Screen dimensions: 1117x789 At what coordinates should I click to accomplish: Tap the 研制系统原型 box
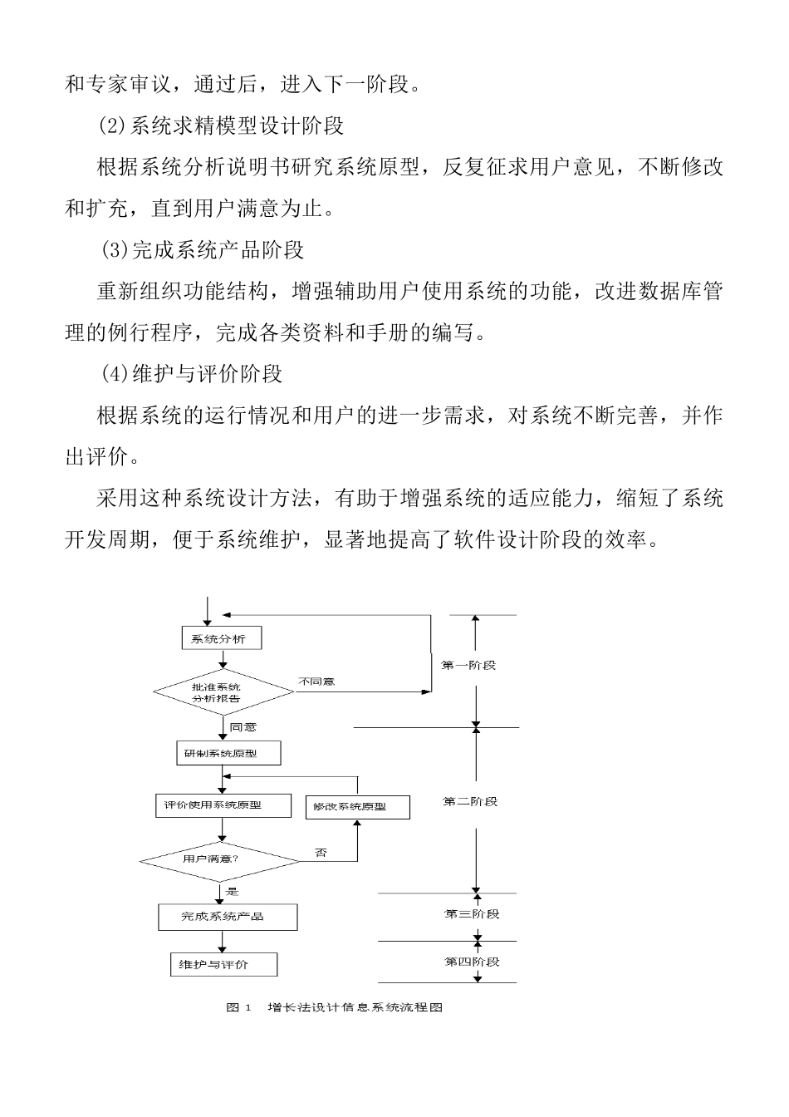click(228, 753)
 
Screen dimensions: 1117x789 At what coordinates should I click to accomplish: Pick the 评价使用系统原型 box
click(223, 805)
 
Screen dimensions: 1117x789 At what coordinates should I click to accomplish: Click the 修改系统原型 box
click(357, 807)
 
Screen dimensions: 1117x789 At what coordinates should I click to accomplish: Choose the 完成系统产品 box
click(228, 916)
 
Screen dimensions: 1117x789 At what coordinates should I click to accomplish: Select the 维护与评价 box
click(223, 964)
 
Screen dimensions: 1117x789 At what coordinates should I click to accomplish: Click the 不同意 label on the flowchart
click(316, 682)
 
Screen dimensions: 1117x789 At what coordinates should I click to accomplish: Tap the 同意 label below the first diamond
click(243, 727)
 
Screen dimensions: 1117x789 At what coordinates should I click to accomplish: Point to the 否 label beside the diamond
click(321, 854)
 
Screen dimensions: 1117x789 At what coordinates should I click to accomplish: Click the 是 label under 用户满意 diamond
click(232, 892)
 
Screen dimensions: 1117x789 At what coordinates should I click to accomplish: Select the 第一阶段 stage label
click(468, 666)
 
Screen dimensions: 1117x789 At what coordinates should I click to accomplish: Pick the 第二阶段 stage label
click(470, 801)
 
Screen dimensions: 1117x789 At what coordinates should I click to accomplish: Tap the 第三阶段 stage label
click(472, 914)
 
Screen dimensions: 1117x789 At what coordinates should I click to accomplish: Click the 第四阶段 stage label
click(472, 962)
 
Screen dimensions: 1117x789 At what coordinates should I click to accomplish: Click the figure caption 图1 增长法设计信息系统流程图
click(334, 1007)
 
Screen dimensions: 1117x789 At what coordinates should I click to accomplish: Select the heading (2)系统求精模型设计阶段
click(220, 126)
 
